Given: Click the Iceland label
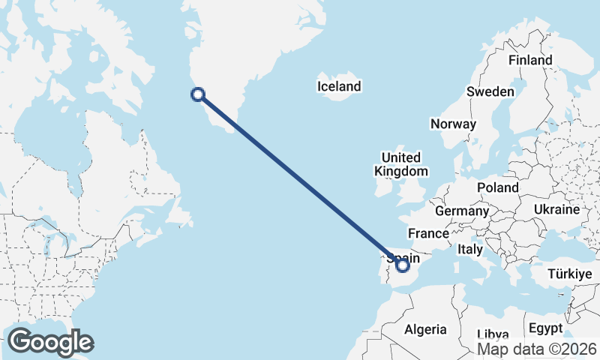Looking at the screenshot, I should (339, 87).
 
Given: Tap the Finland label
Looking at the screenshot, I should (529, 60).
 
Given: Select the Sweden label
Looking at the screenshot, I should (490, 91).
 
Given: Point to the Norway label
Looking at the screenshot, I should (453, 124).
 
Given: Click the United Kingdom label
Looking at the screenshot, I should (400, 164).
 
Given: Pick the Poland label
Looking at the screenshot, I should (498, 187).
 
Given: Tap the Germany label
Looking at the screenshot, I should (461, 211).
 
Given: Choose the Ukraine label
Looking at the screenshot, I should (556, 209).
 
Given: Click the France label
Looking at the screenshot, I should (428, 234).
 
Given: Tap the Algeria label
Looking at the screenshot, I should (425, 329).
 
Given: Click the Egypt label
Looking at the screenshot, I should (544, 328).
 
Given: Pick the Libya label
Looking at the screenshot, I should (493, 334).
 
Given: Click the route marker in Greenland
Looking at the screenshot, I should (198, 94).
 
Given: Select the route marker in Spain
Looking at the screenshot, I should (402, 265).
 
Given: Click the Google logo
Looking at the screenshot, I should (50, 342).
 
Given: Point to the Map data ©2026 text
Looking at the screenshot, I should (537, 349).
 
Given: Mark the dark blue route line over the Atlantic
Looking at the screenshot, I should (300, 179).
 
